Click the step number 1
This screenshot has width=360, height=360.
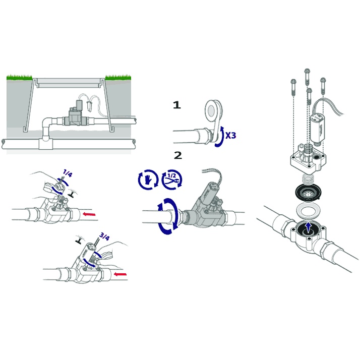coord(177,105)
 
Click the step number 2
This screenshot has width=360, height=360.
coord(178,155)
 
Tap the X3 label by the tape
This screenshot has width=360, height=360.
coord(230,136)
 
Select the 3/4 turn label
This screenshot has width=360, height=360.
coord(103,236)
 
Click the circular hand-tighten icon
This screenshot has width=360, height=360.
coord(148,179)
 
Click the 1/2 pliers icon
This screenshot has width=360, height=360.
coord(172,179)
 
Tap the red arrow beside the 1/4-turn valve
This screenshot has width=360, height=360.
coord(89,214)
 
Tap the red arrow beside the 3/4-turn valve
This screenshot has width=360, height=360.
coord(121,274)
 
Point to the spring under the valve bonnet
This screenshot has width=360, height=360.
coord(308,179)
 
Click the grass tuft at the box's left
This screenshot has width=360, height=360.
coord(19,77)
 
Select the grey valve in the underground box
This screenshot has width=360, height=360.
coord(74,115)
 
